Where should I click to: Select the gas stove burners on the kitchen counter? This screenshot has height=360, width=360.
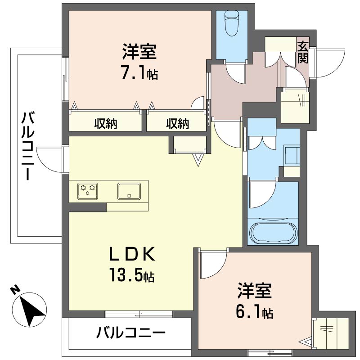tap(87, 190)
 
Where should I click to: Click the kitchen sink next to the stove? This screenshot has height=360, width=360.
tap(130, 191)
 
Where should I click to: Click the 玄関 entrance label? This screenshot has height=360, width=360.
tap(303, 52)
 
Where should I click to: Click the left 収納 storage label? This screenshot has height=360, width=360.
tap(106, 124)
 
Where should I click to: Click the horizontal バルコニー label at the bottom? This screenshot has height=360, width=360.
tap(131, 333)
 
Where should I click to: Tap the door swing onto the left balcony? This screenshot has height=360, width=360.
tap(50, 158)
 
